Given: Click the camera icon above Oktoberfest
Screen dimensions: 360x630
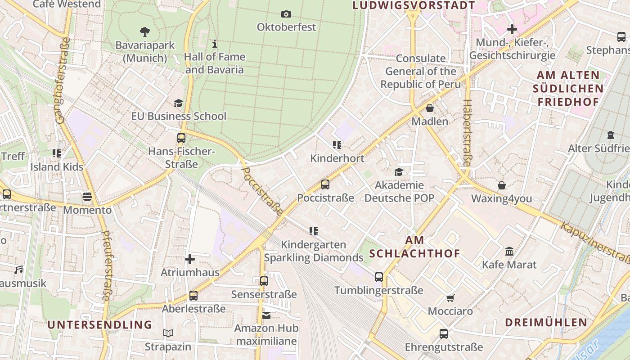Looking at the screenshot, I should [x=286, y=14].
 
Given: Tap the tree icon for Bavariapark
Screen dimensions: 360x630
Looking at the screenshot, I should [x=144, y=32].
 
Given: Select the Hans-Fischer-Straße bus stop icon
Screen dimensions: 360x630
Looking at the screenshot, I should [x=181, y=138].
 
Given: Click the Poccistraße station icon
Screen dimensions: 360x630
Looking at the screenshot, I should [x=325, y=184].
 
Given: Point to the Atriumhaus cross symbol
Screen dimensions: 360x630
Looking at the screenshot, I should [x=190, y=259].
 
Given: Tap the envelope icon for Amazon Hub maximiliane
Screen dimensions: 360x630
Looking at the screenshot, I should [x=266, y=315].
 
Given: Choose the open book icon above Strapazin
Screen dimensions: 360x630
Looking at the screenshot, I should [x=168, y=333].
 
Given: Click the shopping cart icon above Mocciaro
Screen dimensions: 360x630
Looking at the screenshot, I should [x=450, y=298].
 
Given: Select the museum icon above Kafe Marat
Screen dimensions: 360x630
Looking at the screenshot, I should [x=509, y=251].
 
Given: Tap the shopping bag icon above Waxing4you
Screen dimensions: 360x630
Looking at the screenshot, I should [x=501, y=185].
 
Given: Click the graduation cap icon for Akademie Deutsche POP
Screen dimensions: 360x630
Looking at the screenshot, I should [x=399, y=172].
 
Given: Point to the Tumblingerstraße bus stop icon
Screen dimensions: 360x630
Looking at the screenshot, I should [x=379, y=277].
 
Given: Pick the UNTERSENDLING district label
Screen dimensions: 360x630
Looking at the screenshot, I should [x=99, y=324].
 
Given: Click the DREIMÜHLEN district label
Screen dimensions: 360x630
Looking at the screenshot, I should [x=546, y=322].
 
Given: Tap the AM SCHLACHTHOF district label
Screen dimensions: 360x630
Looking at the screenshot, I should [x=414, y=247].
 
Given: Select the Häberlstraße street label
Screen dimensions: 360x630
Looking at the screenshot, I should [x=467, y=133].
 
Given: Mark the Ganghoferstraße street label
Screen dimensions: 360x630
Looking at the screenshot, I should [x=63, y=80].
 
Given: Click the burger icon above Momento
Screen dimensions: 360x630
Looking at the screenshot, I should [x=87, y=197].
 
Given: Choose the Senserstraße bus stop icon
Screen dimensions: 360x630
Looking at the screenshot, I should [x=264, y=281].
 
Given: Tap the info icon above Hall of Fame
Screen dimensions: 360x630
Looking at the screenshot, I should [x=215, y=44].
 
